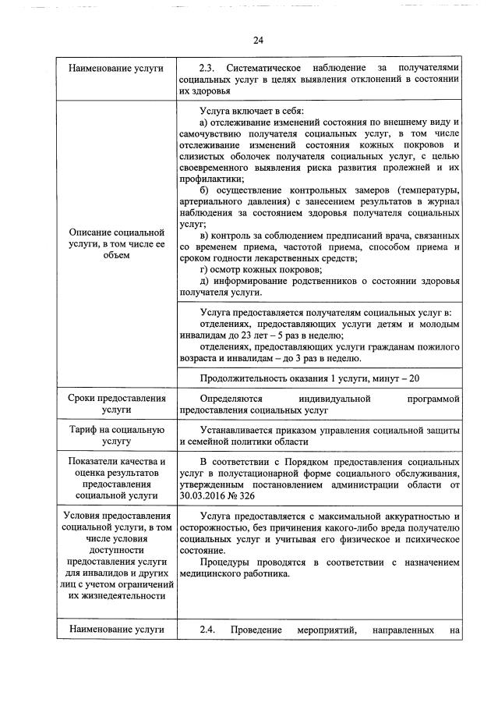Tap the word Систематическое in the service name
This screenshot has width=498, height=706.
263,69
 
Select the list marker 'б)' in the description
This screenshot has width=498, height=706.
205,191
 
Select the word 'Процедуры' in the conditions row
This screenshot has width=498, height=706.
225,562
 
